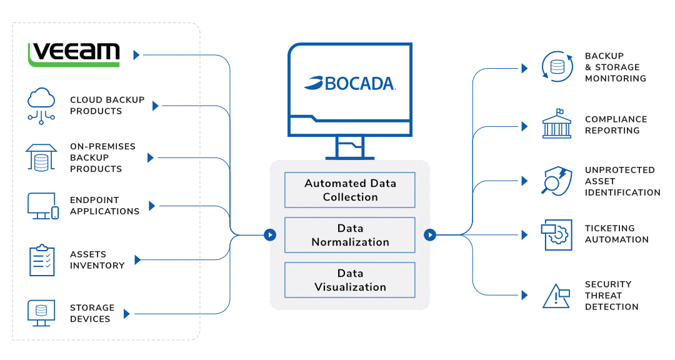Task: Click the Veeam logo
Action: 74,54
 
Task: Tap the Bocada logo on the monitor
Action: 351,83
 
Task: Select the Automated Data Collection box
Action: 350,190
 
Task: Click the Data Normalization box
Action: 350,235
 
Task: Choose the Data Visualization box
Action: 350,280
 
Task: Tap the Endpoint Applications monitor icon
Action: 42,206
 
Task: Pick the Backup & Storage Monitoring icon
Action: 554,67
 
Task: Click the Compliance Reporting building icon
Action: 555,125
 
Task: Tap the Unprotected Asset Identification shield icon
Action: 554,181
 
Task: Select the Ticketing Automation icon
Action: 554,234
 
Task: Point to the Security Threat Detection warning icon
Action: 554,295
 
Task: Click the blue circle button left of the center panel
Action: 270,235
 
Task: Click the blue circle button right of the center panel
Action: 430,235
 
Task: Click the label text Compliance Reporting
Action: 616,125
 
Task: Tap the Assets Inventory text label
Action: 97,260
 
